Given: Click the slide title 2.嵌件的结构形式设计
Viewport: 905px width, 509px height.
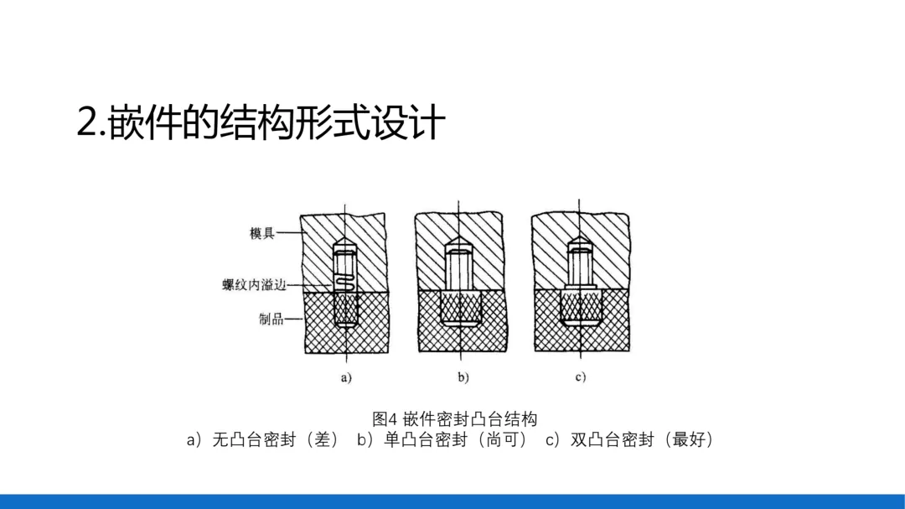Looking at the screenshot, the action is (261, 123).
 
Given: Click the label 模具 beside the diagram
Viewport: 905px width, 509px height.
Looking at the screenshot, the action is (261, 233).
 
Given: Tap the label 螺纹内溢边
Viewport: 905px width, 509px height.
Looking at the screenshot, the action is (254, 285).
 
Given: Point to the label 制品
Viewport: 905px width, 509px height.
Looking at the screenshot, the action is (271, 319).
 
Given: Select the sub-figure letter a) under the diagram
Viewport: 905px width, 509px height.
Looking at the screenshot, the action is (346, 377).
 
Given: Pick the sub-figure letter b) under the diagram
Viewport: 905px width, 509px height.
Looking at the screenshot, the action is (463, 377).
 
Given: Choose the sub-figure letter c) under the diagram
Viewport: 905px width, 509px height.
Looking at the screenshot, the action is (580, 377).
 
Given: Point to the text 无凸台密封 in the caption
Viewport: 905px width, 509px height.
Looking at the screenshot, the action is (254, 439).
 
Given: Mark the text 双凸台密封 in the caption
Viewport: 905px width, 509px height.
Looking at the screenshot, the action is (612, 439).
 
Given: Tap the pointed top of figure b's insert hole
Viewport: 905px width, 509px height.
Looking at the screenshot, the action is (459, 243).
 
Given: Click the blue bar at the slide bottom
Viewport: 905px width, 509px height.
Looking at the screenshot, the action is (452, 501).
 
